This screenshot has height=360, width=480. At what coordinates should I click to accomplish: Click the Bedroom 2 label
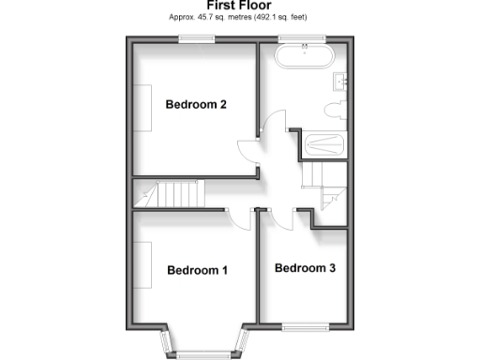(x=196, y=104)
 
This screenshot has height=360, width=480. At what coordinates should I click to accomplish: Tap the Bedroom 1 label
(x=197, y=271)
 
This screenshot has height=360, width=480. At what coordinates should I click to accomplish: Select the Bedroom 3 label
(x=305, y=268)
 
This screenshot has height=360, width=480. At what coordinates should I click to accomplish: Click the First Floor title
(x=238, y=6)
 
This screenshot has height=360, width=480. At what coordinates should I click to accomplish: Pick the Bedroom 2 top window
(x=195, y=38)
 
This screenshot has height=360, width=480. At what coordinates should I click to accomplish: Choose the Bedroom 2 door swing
(x=248, y=152)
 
